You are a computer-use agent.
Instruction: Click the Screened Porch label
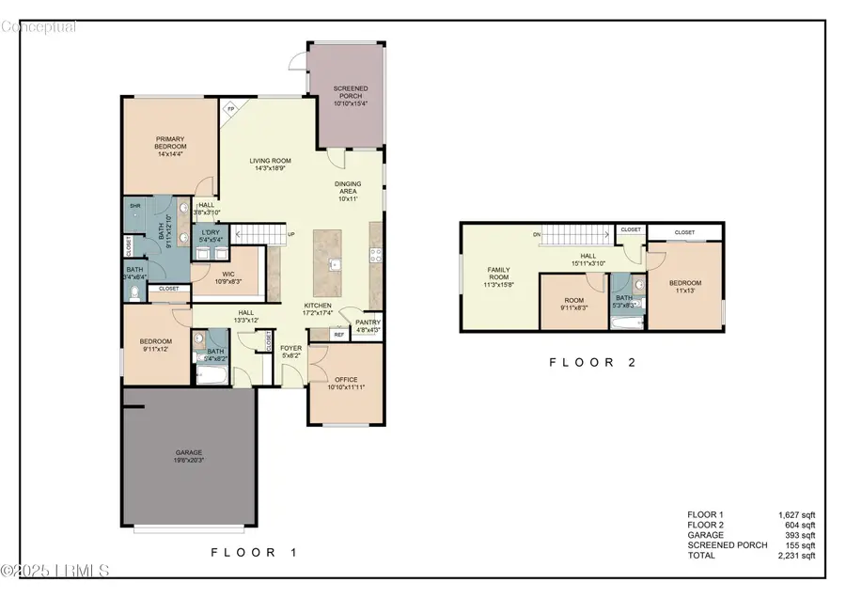(350, 95)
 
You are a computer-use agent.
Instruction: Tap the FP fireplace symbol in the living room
(229, 109)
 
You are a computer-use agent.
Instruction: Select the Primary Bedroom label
(171, 147)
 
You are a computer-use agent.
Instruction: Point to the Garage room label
(187, 457)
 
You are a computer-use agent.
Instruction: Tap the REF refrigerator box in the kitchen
(338, 333)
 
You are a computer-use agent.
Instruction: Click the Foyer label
(291, 352)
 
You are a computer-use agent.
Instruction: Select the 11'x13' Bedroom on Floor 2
(685, 287)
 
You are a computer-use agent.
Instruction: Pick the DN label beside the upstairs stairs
(536, 234)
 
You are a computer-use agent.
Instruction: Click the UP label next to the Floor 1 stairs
(291, 235)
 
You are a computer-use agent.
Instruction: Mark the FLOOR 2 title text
(593, 362)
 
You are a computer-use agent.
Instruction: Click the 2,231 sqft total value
(797, 556)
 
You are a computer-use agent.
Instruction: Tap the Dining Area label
(348, 191)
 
